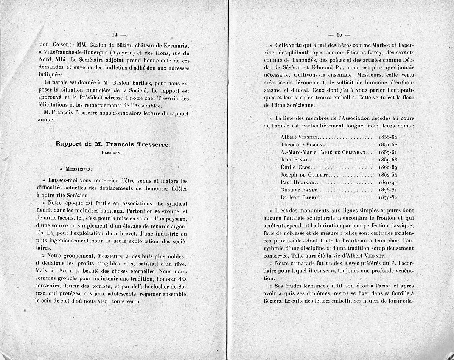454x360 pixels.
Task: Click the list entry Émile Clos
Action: point(295,167)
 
